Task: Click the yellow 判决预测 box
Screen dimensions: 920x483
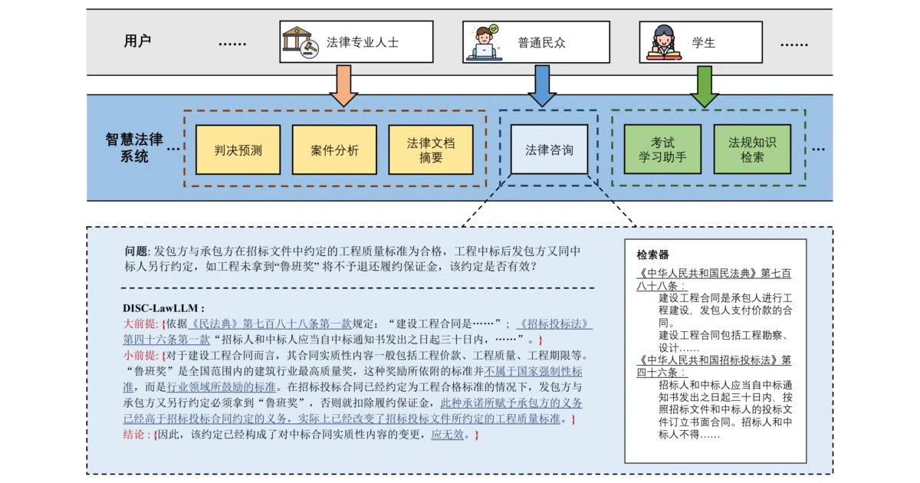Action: pyautogui.click(x=238, y=150)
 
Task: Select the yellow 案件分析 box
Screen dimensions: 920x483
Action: pyautogui.click(x=334, y=150)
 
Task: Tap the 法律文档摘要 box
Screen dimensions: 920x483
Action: pyautogui.click(x=431, y=150)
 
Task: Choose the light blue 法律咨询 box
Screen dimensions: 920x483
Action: pyautogui.click(x=549, y=149)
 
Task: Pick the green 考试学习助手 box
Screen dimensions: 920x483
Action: pyautogui.click(x=662, y=149)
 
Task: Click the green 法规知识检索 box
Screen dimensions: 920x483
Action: pyautogui.click(x=752, y=149)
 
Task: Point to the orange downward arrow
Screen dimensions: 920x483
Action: pyautogui.click(x=343, y=85)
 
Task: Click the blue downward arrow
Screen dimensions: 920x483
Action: pyautogui.click(x=542, y=85)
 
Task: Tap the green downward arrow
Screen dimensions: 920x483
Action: pyautogui.click(x=705, y=86)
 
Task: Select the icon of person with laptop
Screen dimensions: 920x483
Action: pyautogui.click(x=485, y=42)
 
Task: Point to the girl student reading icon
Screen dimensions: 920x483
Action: pyautogui.click(x=664, y=43)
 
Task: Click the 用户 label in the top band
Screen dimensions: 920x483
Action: pyautogui.click(x=137, y=41)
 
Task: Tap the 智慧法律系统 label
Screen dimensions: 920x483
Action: pyautogui.click(x=134, y=148)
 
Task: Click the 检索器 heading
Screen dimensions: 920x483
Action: pyautogui.click(x=652, y=255)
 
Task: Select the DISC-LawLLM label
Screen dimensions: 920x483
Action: pyautogui.click(x=163, y=308)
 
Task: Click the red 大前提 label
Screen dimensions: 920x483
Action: pyautogui.click(x=140, y=324)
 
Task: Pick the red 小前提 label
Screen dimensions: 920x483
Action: pyautogui.click(x=140, y=355)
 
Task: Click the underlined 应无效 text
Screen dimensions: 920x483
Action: pyautogui.click(x=447, y=434)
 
